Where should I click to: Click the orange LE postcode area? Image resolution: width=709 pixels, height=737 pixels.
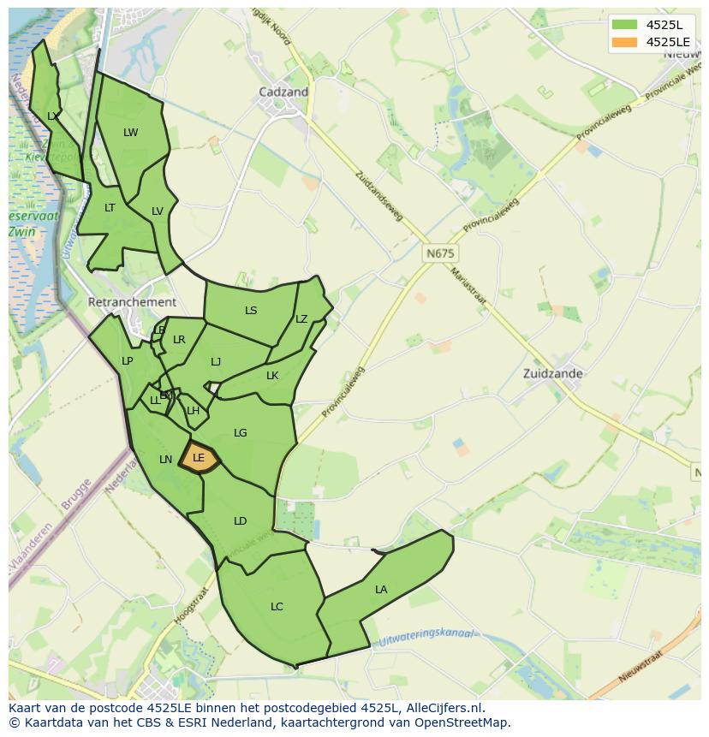pos(199,458)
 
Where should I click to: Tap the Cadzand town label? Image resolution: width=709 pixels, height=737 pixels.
pos(283,92)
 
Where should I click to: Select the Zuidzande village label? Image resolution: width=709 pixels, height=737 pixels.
pos(552,373)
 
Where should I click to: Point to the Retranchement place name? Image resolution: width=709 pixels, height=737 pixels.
pos(132,302)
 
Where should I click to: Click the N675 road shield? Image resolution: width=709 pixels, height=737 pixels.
pos(439,253)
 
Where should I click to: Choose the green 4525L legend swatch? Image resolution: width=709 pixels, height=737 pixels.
pos(623,24)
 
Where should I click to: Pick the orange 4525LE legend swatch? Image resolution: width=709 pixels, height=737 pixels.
pos(623,41)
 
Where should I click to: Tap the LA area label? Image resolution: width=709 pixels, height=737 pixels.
pos(381,589)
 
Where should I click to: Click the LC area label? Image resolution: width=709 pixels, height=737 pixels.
pos(277,606)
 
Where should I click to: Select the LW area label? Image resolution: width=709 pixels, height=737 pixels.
pos(130,132)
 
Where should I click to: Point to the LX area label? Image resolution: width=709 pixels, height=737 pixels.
pos(53,116)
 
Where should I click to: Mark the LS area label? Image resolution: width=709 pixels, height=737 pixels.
pos(251,310)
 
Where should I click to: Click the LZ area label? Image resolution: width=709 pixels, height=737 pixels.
pos(301,319)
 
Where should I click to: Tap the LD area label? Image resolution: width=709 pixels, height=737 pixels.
pos(240,520)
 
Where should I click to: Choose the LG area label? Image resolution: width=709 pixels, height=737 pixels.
pos(240,432)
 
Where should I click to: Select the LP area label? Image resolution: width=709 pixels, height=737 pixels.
pos(127,360)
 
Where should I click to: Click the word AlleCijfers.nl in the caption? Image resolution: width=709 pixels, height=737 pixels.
pos(444,708)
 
